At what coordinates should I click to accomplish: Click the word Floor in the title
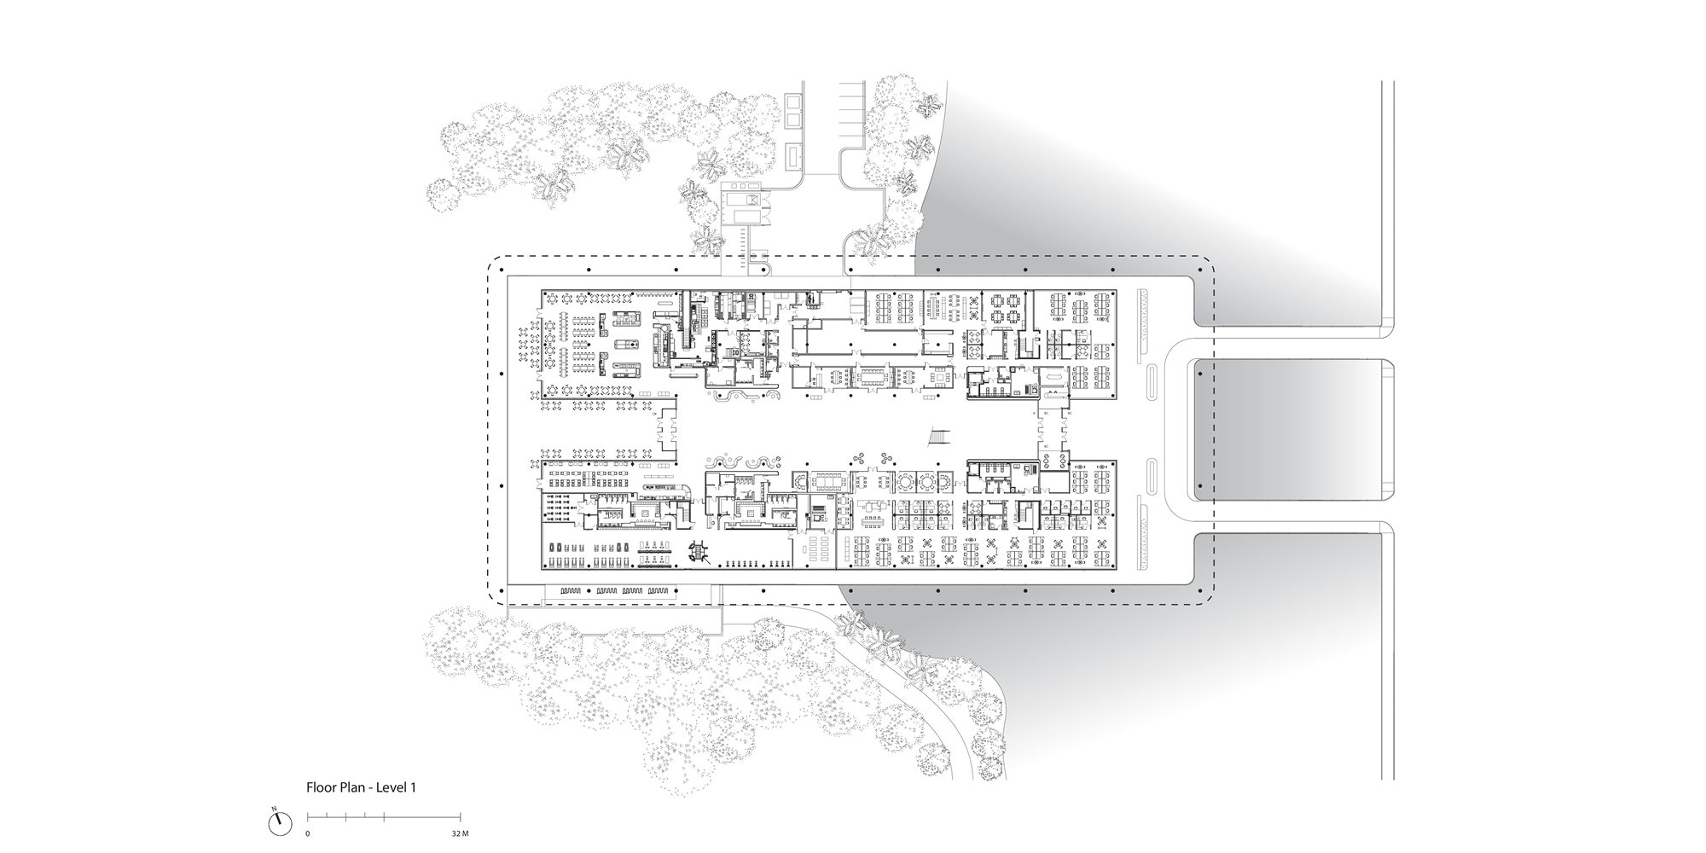coord(322,788)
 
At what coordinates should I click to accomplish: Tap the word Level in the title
coord(389,788)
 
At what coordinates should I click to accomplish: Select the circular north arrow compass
coord(278,825)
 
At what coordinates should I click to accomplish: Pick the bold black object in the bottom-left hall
coord(699,553)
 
